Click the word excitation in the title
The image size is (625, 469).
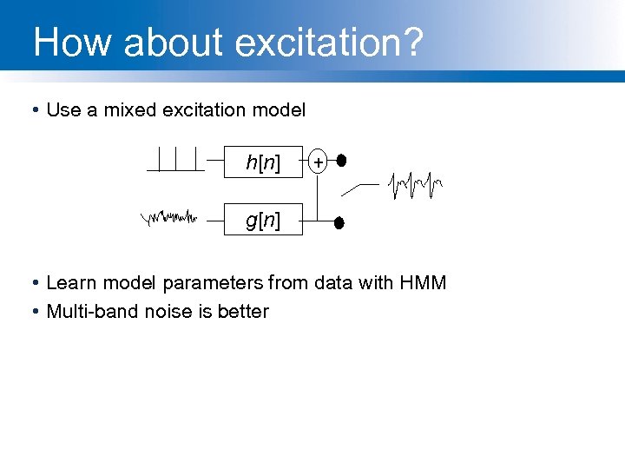[x=326, y=43]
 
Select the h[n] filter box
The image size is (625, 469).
[x=263, y=162]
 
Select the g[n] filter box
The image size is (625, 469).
[x=263, y=221]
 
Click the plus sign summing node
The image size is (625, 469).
[x=319, y=162]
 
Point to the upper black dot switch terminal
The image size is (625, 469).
[x=341, y=161]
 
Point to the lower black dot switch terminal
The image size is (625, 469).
[x=340, y=223]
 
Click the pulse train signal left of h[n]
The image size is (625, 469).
[x=177, y=160]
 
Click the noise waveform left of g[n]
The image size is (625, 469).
[x=170, y=217]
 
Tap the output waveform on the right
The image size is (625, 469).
[x=416, y=184]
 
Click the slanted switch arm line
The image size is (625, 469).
[x=360, y=188]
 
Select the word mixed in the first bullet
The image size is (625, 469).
[x=129, y=110]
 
